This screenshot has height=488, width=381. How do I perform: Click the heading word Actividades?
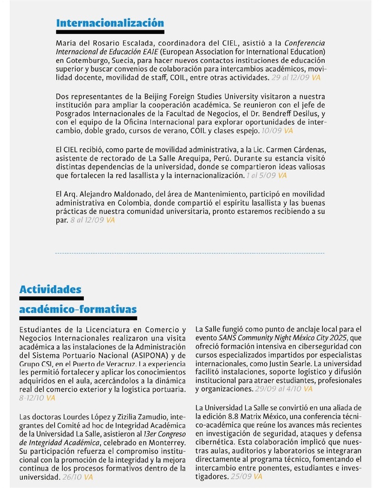click(50, 289)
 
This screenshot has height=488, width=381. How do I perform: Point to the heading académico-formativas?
click(78, 309)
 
